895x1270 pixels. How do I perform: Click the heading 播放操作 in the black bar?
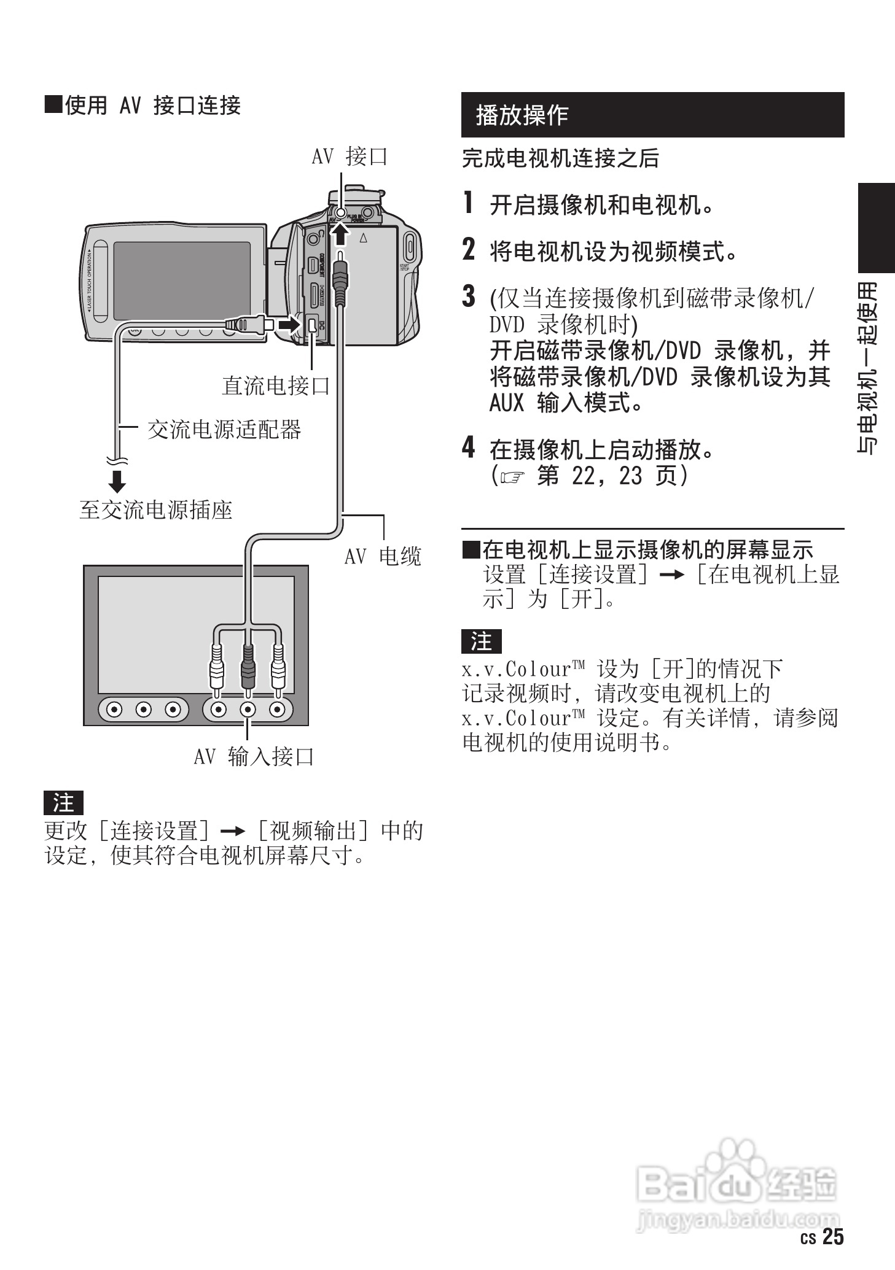tap(522, 115)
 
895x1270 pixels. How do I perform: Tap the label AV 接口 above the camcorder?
tap(350, 157)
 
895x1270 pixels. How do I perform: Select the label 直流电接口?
tap(276, 385)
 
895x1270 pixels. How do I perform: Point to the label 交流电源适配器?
tap(224, 429)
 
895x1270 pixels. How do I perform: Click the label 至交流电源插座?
tap(155, 509)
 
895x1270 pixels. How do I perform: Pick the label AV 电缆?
tap(382, 556)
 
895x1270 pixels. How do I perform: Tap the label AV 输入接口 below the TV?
tap(254, 756)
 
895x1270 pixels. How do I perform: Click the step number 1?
tap(469, 204)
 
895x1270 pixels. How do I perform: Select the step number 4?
tap(469, 448)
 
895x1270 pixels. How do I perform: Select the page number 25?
tap(833, 1237)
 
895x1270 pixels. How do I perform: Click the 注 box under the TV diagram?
tap(63, 802)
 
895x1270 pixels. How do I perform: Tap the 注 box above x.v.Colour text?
tap(481, 641)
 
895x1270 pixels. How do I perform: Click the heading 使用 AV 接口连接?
tap(143, 106)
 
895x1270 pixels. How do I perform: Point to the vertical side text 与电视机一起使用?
tap(869, 368)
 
